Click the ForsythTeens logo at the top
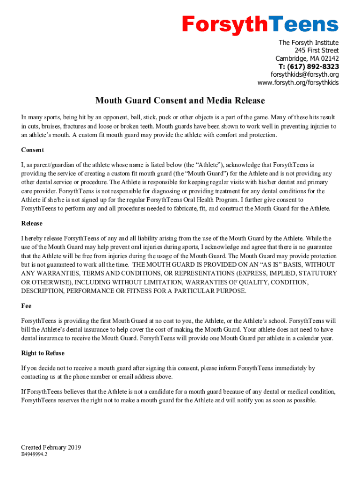[x=260, y=24]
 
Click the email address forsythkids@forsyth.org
[x=305, y=74]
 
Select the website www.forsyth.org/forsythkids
[x=298, y=83]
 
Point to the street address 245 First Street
[x=317, y=51]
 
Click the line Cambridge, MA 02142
[x=307, y=58]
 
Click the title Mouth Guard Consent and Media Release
[x=180, y=101]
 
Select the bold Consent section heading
[x=32, y=150]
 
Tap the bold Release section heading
[x=32, y=223]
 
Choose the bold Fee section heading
[x=26, y=306]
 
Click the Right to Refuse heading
[x=43, y=353]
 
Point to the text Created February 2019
[x=51, y=447]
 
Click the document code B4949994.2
[x=34, y=454]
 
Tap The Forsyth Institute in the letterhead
[x=309, y=43]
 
